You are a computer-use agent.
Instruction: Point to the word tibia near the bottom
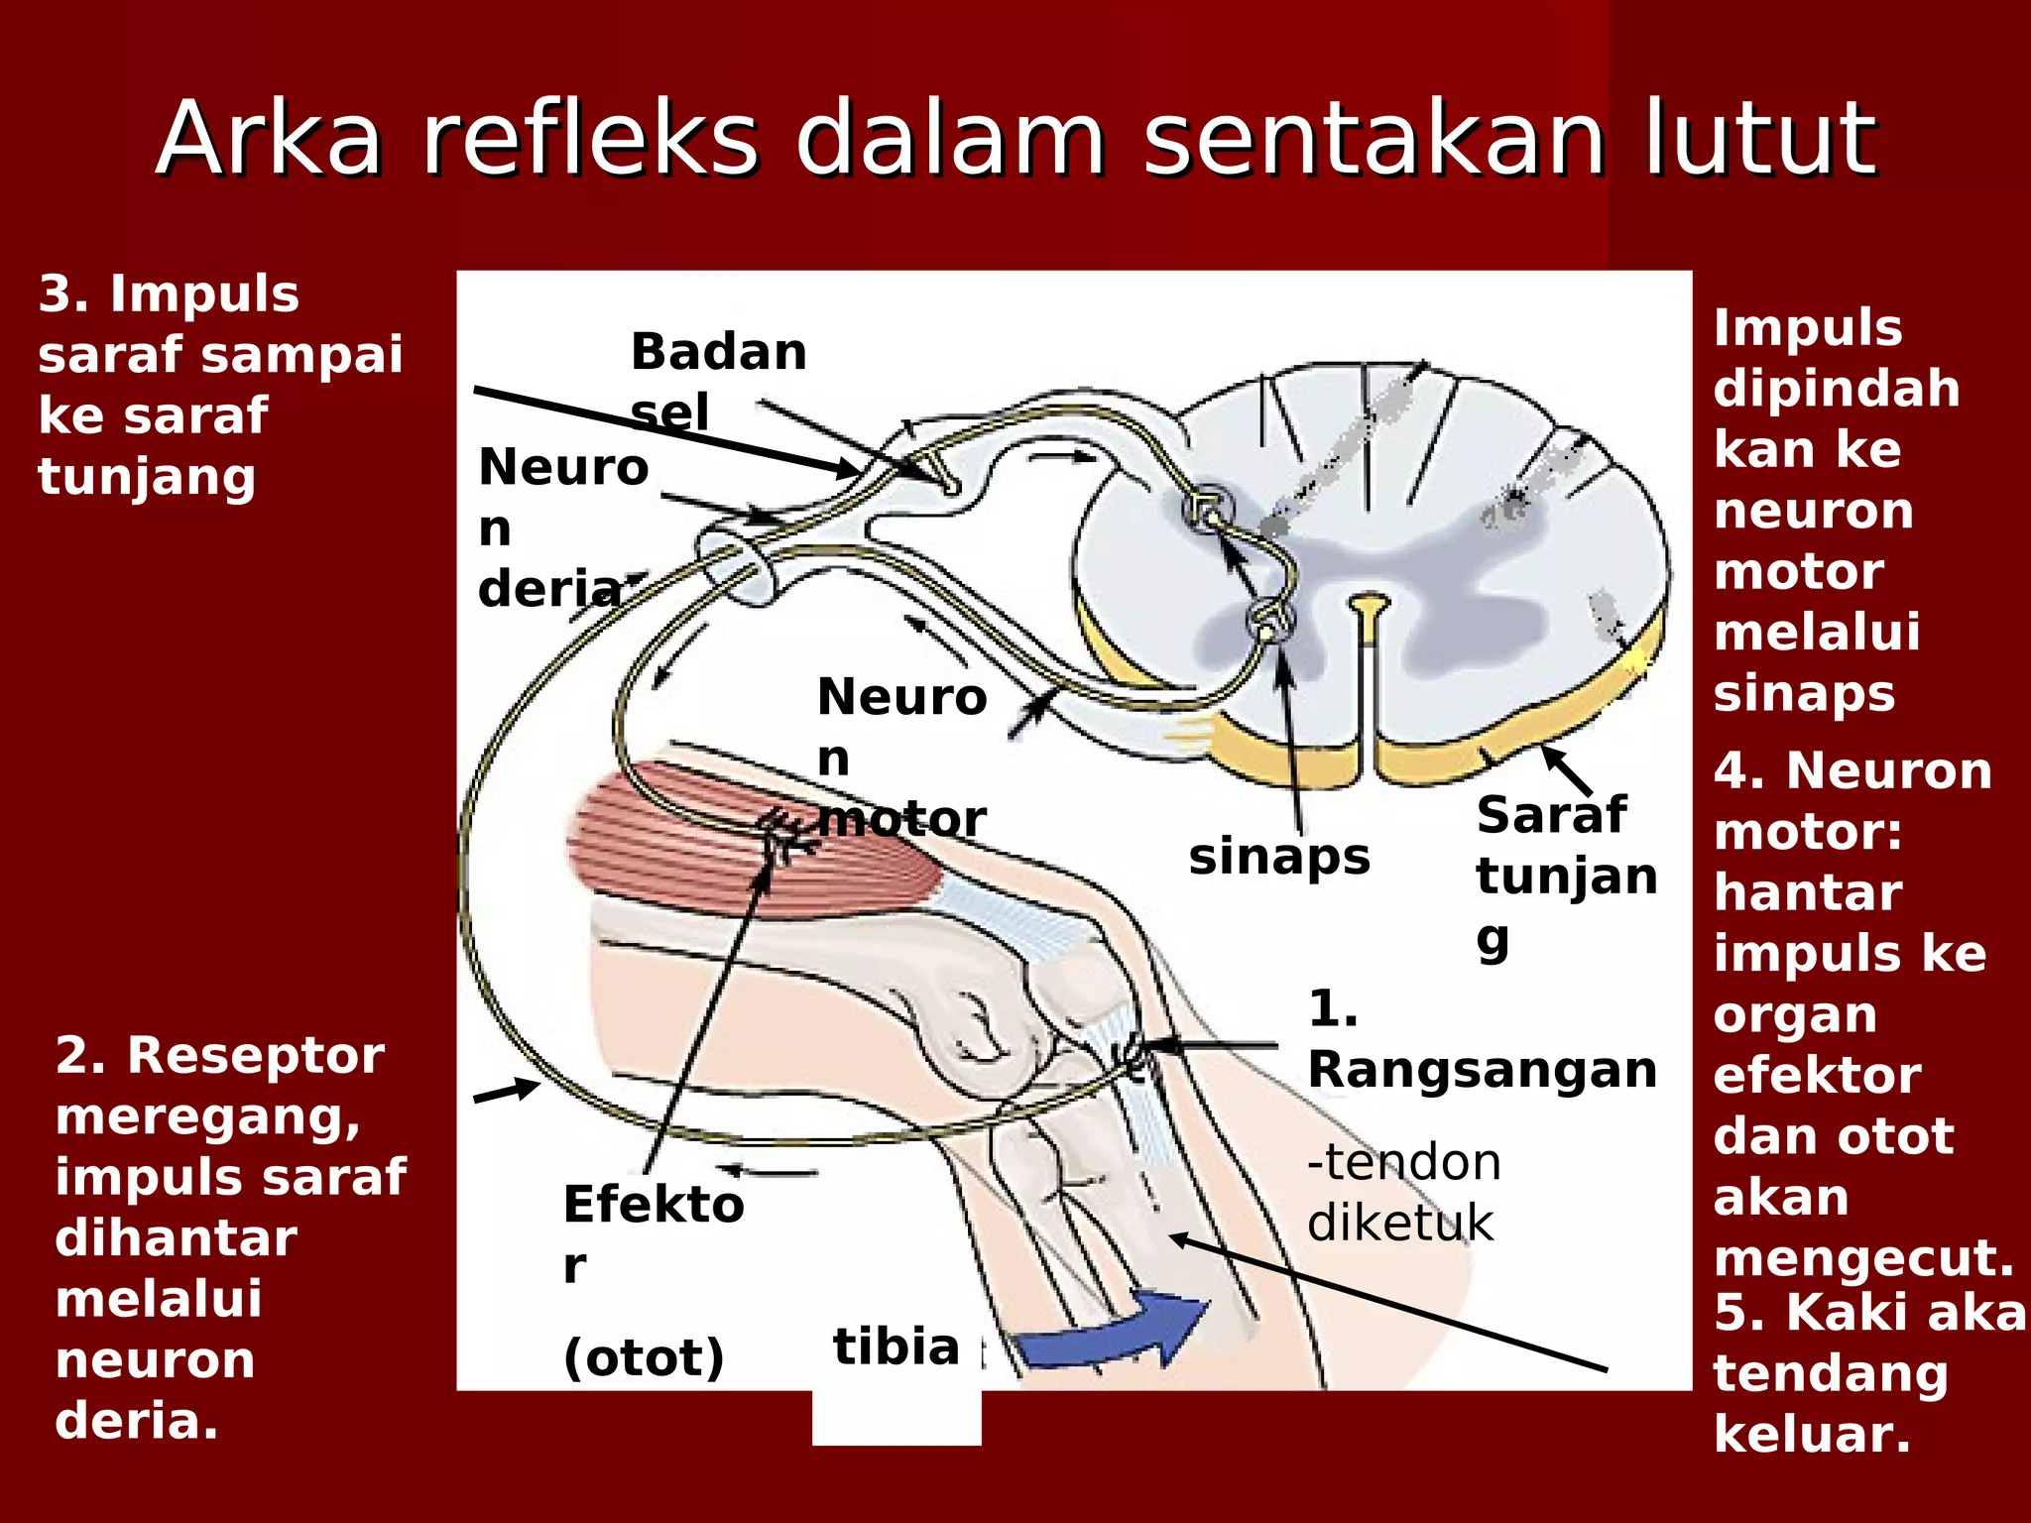point(896,1347)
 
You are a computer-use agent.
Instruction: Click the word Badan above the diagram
point(719,352)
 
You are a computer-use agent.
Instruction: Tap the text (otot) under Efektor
point(644,1356)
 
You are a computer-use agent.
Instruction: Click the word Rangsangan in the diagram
point(1483,1070)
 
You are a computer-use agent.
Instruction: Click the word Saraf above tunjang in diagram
point(1551,815)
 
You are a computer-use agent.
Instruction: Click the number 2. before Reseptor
point(79,1055)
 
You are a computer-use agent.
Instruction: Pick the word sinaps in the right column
point(1804,693)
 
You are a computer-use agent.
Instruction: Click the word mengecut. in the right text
point(1863,1258)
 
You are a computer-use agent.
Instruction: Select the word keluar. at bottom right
point(1812,1434)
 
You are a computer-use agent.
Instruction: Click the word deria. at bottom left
point(137,1421)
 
